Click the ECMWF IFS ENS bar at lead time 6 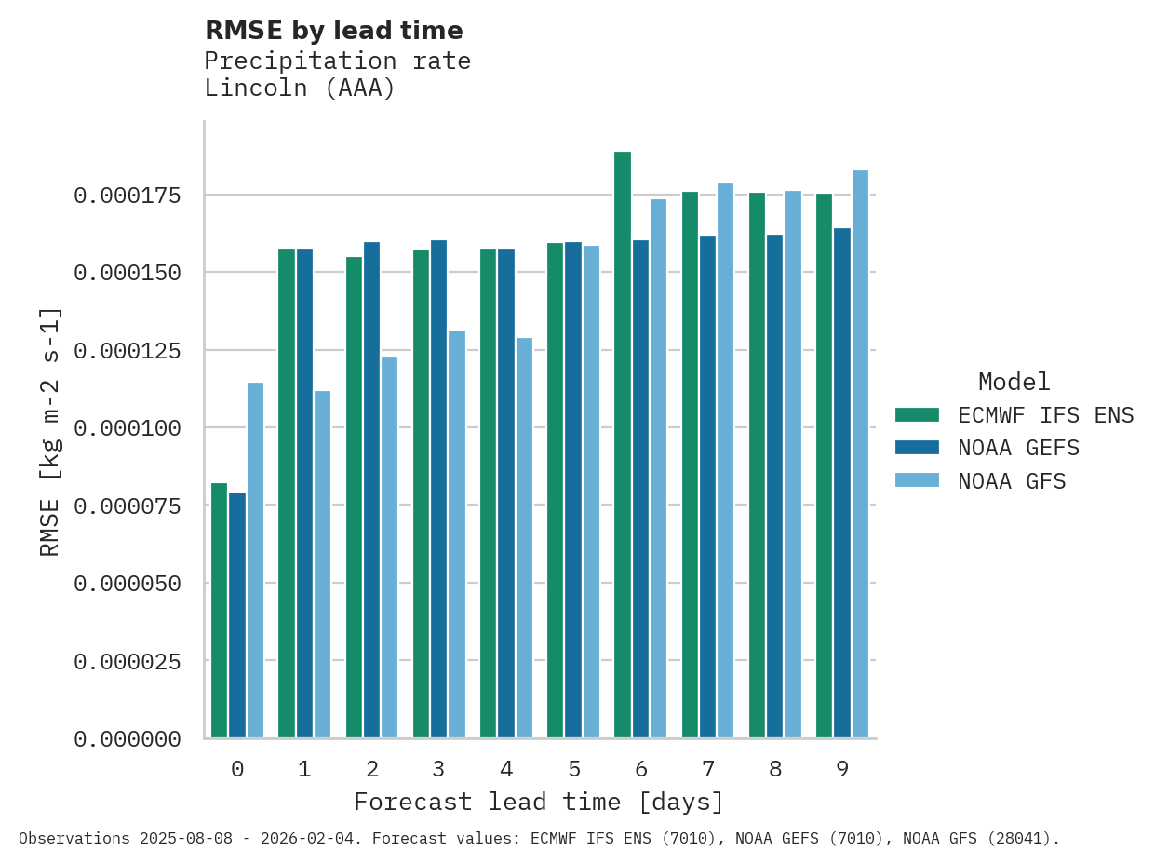tap(623, 445)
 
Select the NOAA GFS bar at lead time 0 tap(255, 560)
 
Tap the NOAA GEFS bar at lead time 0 tap(237, 615)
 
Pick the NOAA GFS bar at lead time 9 tap(860, 454)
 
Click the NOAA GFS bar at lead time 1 tap(322, 564)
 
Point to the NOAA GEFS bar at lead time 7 tap(707, 487)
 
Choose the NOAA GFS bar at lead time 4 tap(524, 538)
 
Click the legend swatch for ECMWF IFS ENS tap(917, 414)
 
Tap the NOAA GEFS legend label tap(1018, 448)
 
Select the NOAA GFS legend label tap(1012, 481)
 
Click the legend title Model tap(1014, 382)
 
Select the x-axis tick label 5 tap(573, 769)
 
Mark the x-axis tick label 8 tap(775, 769)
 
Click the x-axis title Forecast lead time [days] tap(539, 802)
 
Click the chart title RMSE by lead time tap(333, 31)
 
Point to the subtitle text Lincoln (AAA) tap(300, 88)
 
